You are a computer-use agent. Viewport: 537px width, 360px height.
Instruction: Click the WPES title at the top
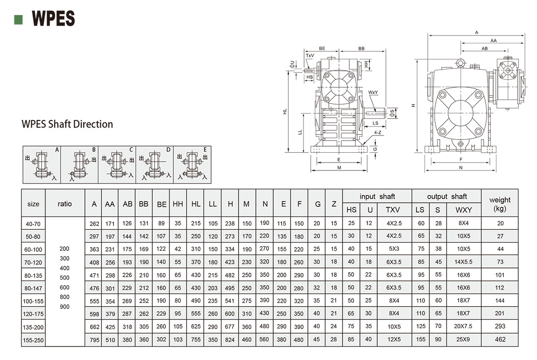53,19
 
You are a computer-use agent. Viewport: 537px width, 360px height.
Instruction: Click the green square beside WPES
19,19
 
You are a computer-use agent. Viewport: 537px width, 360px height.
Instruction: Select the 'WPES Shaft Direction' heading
67,124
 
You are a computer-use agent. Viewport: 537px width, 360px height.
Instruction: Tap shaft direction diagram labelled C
117,164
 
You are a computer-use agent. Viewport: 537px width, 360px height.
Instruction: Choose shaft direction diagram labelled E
192,164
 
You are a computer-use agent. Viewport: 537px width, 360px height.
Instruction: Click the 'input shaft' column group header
377,197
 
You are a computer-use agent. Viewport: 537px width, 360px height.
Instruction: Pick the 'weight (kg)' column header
500,204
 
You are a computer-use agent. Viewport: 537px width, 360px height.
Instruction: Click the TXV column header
394,210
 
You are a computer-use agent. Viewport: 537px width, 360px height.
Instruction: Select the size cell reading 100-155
33,301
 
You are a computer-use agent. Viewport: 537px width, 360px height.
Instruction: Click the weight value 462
500,339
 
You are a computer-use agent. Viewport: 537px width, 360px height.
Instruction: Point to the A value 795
94,339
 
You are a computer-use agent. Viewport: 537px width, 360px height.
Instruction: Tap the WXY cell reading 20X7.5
463,326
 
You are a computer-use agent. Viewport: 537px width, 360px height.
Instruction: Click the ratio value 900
64,307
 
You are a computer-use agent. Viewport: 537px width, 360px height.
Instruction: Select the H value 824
230,339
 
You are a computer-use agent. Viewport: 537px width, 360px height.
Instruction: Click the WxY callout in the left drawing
373,92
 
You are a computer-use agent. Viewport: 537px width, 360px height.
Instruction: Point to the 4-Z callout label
379,133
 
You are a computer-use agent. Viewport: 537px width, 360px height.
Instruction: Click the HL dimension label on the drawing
285,112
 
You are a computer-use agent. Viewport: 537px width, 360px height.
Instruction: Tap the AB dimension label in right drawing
484,48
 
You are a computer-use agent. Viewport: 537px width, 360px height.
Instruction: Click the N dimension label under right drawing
460,168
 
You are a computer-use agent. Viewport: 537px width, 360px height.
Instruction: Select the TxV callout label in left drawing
310,56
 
